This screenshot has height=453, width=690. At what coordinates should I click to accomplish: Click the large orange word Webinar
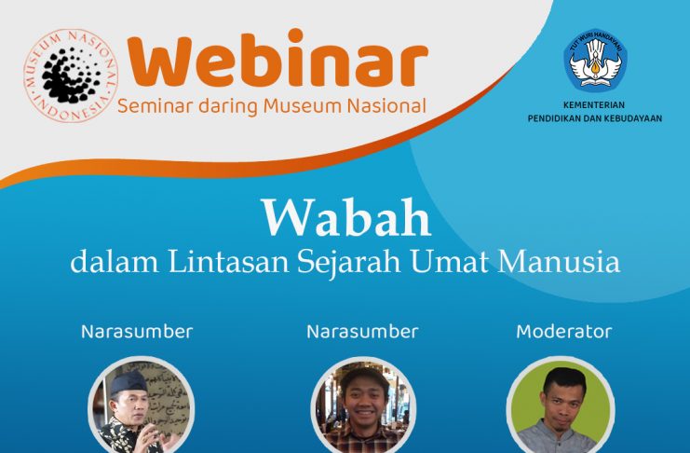point(277,59)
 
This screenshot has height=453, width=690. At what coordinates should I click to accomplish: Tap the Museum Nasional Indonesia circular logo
point(71,75)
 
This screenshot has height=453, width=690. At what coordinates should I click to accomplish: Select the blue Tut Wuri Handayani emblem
point(595,59)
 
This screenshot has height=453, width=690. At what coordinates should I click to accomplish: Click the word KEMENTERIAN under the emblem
point(594,105)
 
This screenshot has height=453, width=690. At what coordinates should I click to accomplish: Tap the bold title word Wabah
point(346,217)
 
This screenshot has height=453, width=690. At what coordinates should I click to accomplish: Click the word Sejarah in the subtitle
point(348,262)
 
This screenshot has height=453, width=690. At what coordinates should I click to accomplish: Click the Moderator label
point(564,332)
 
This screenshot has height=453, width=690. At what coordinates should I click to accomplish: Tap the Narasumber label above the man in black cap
point(137,332)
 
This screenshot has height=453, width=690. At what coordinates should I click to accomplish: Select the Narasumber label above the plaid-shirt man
point(362,332)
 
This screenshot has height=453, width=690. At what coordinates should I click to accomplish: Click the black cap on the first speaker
point(129,381)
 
